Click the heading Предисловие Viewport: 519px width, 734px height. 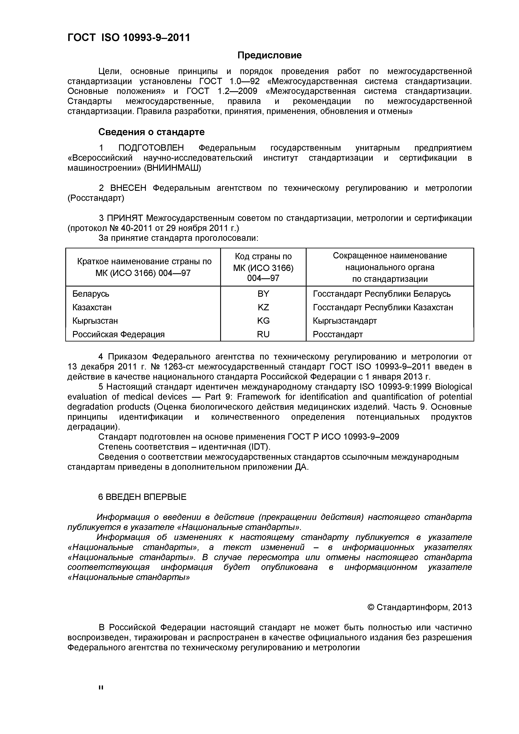click(x=269, y=55)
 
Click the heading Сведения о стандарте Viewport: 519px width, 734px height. click(x=151, y=132)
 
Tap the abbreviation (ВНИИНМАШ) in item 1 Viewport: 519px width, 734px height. click(x=172, y=168)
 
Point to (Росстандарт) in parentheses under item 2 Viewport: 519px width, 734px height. click(x=96, y=198)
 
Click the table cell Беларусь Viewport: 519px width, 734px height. click(x=91, y=294)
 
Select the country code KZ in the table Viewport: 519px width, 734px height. click(x=263, y=307)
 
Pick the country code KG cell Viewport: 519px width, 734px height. click(x=263, y=321)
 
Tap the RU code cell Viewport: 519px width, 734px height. click(x=263, y=334)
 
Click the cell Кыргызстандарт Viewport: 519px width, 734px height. click(x=345, y=321)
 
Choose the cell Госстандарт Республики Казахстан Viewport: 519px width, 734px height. click(x=383, y=307)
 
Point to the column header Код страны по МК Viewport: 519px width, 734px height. click(x=263, y=267)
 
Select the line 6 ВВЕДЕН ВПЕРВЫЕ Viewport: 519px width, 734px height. click(x=142, y=497)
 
